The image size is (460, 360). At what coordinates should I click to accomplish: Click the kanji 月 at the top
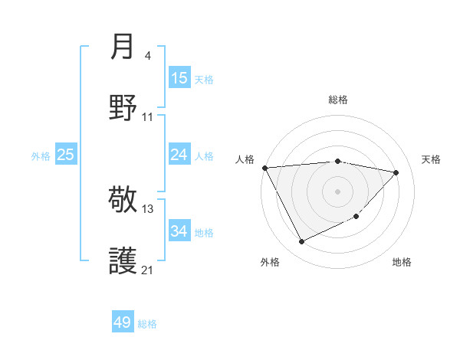click(123, 47)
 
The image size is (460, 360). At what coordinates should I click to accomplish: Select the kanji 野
click(123, 106)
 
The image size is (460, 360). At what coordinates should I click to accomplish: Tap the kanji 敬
click(123, 201)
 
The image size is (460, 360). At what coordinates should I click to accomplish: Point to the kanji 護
click(123, 260)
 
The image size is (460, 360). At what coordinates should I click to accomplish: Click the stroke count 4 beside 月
click(148, 56)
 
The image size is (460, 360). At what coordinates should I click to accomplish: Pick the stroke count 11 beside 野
click(148, 116)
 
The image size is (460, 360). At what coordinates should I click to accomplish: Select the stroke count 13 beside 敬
click(148, 208)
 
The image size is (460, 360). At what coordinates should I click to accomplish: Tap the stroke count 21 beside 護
click(148, 270)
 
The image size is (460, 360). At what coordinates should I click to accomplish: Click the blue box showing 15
click(179, 78)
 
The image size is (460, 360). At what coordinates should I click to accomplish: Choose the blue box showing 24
click(179, 155)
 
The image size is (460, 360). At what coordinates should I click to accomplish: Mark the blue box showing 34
click(179, 231)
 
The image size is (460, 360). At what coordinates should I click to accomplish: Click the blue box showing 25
click(66, 155)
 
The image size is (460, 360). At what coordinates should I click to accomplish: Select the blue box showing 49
click(123, 322)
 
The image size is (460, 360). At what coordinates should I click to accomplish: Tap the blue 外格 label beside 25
click(41, 156)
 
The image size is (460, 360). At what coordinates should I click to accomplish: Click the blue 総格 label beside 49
click(147, 324)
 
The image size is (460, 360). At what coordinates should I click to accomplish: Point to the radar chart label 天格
click(432, 159)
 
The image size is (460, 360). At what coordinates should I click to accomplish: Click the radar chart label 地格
click(402, 262)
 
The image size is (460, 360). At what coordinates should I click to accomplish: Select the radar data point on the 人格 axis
click(264, 168)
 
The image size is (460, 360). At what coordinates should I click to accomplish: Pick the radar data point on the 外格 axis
click(301, 242)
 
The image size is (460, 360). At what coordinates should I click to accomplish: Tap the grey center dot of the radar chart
click(337, 191)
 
